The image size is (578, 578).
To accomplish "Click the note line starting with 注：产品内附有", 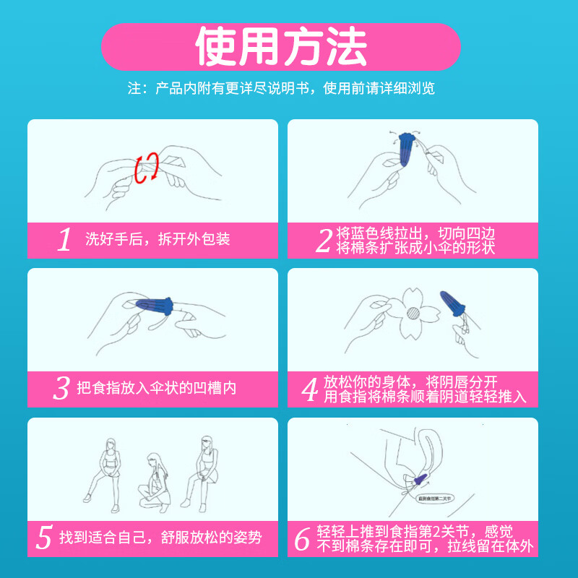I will pos(281,89).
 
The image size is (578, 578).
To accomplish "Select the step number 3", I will pos(61,389).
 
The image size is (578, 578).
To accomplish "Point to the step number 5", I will pos(45,538).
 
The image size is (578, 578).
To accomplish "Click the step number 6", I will pos(303,538).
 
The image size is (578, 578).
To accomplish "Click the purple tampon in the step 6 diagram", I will pos(423,478).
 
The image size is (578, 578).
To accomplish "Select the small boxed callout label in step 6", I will pos(433,498).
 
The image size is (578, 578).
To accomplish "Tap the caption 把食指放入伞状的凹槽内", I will pos(157,389).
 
